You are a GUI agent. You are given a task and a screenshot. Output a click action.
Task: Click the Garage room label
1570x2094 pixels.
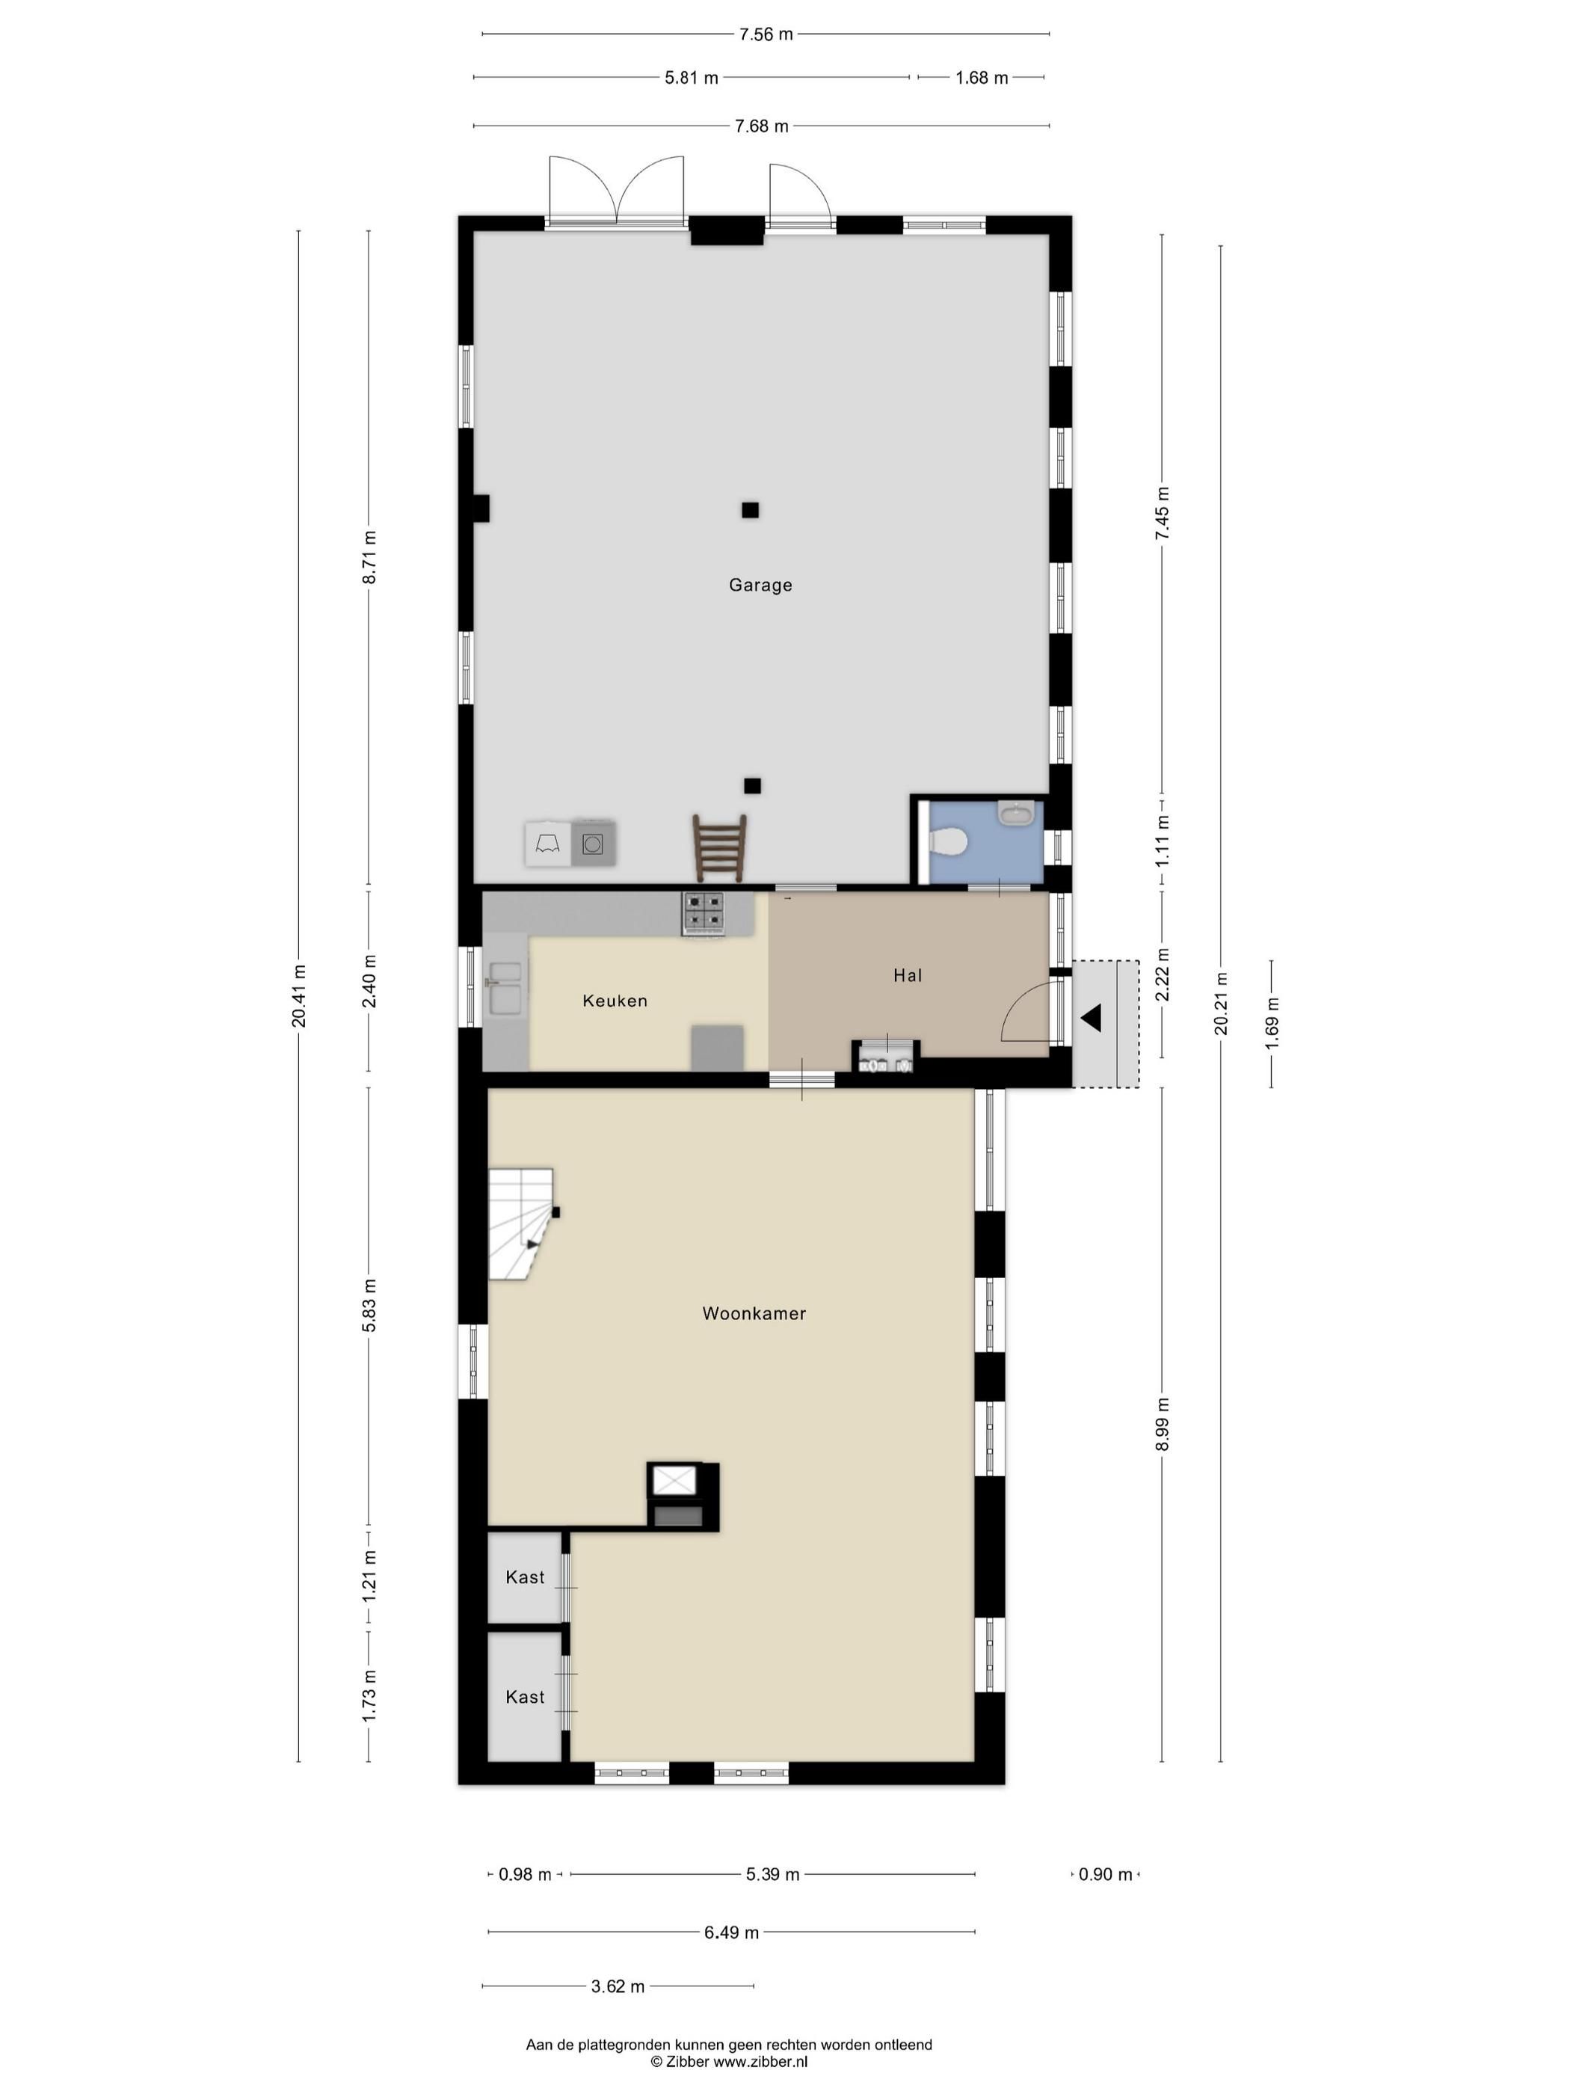coord(760,585)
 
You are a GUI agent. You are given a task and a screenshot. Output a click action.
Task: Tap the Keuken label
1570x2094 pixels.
coord(615,1001)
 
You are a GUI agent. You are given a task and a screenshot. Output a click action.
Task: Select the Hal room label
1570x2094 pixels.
coord(908,975)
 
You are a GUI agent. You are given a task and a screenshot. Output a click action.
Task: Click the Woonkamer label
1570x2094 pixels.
coord(754,1313)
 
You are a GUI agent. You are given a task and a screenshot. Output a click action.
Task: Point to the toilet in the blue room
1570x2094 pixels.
coord(947,840)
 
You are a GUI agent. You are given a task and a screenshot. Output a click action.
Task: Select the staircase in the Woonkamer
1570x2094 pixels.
coord(520,1224)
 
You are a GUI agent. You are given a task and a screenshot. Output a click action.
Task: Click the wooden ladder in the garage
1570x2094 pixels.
coord(720,847)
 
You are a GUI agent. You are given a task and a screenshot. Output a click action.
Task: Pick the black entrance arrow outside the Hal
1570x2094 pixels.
coord(1091,1019)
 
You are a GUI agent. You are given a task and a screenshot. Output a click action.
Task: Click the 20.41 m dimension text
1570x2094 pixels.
coord(299,996)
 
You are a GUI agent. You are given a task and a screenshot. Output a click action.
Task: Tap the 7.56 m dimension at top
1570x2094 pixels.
coord(766,34)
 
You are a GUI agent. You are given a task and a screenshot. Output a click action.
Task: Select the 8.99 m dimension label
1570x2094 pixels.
coord(1162,1424)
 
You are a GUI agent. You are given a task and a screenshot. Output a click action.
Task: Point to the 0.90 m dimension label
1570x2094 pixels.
coord(1105,1874)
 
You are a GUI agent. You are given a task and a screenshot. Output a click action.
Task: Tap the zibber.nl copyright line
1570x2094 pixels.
coord(729,2061)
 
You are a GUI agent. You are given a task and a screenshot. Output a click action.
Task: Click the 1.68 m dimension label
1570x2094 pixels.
coord(982,78)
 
